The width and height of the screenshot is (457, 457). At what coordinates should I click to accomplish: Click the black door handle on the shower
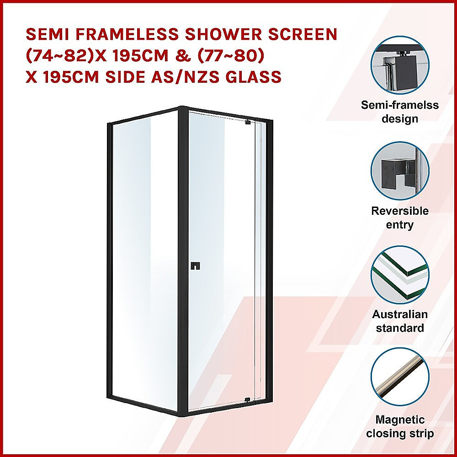tap(196, 265)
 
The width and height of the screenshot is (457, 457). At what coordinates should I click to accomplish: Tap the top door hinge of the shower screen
tap(248, 122)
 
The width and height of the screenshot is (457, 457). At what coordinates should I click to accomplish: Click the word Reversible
tap(400, 211)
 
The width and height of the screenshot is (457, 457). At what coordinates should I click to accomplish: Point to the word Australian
tap(400, 314)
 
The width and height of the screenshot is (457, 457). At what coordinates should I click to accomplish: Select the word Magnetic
tap(400, 420)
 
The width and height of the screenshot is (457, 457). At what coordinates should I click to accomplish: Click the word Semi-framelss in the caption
tap(400, 105)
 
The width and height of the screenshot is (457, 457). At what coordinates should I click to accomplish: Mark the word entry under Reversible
tap(400, 225)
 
